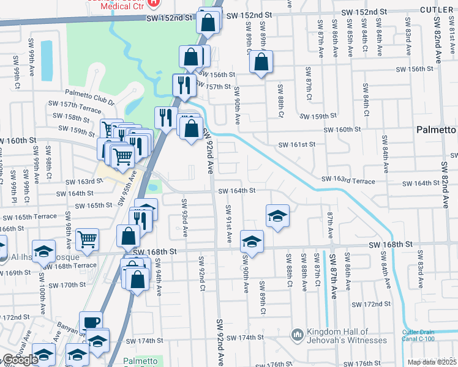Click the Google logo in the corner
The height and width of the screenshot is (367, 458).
(x=20, y=360)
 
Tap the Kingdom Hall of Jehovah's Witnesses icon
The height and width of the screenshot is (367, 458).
(x=298, y=335)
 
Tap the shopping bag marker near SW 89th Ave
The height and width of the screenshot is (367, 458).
(x=261, y=62)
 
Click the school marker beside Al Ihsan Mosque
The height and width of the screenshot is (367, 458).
(x=44, y=251)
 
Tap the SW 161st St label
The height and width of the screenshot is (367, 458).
(x=296, y=144)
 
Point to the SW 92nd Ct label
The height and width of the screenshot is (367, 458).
(x=200, y=273)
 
